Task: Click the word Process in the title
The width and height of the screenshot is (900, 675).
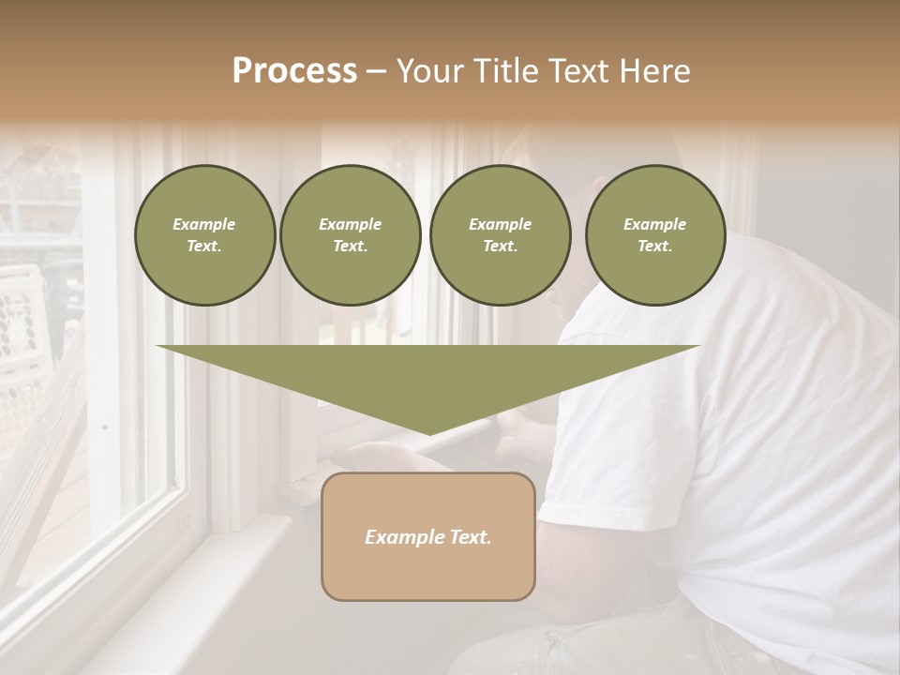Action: (294, 71)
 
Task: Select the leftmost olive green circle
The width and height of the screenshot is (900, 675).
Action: (204, 234)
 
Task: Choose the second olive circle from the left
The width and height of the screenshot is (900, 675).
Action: (350, 234)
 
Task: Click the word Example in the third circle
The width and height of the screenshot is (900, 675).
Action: (500, 224)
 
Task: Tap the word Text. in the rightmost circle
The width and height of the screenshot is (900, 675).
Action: (654, 247)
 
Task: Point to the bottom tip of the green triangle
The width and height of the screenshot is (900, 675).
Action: (429, 433)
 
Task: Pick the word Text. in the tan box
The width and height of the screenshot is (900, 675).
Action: (470, 537)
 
